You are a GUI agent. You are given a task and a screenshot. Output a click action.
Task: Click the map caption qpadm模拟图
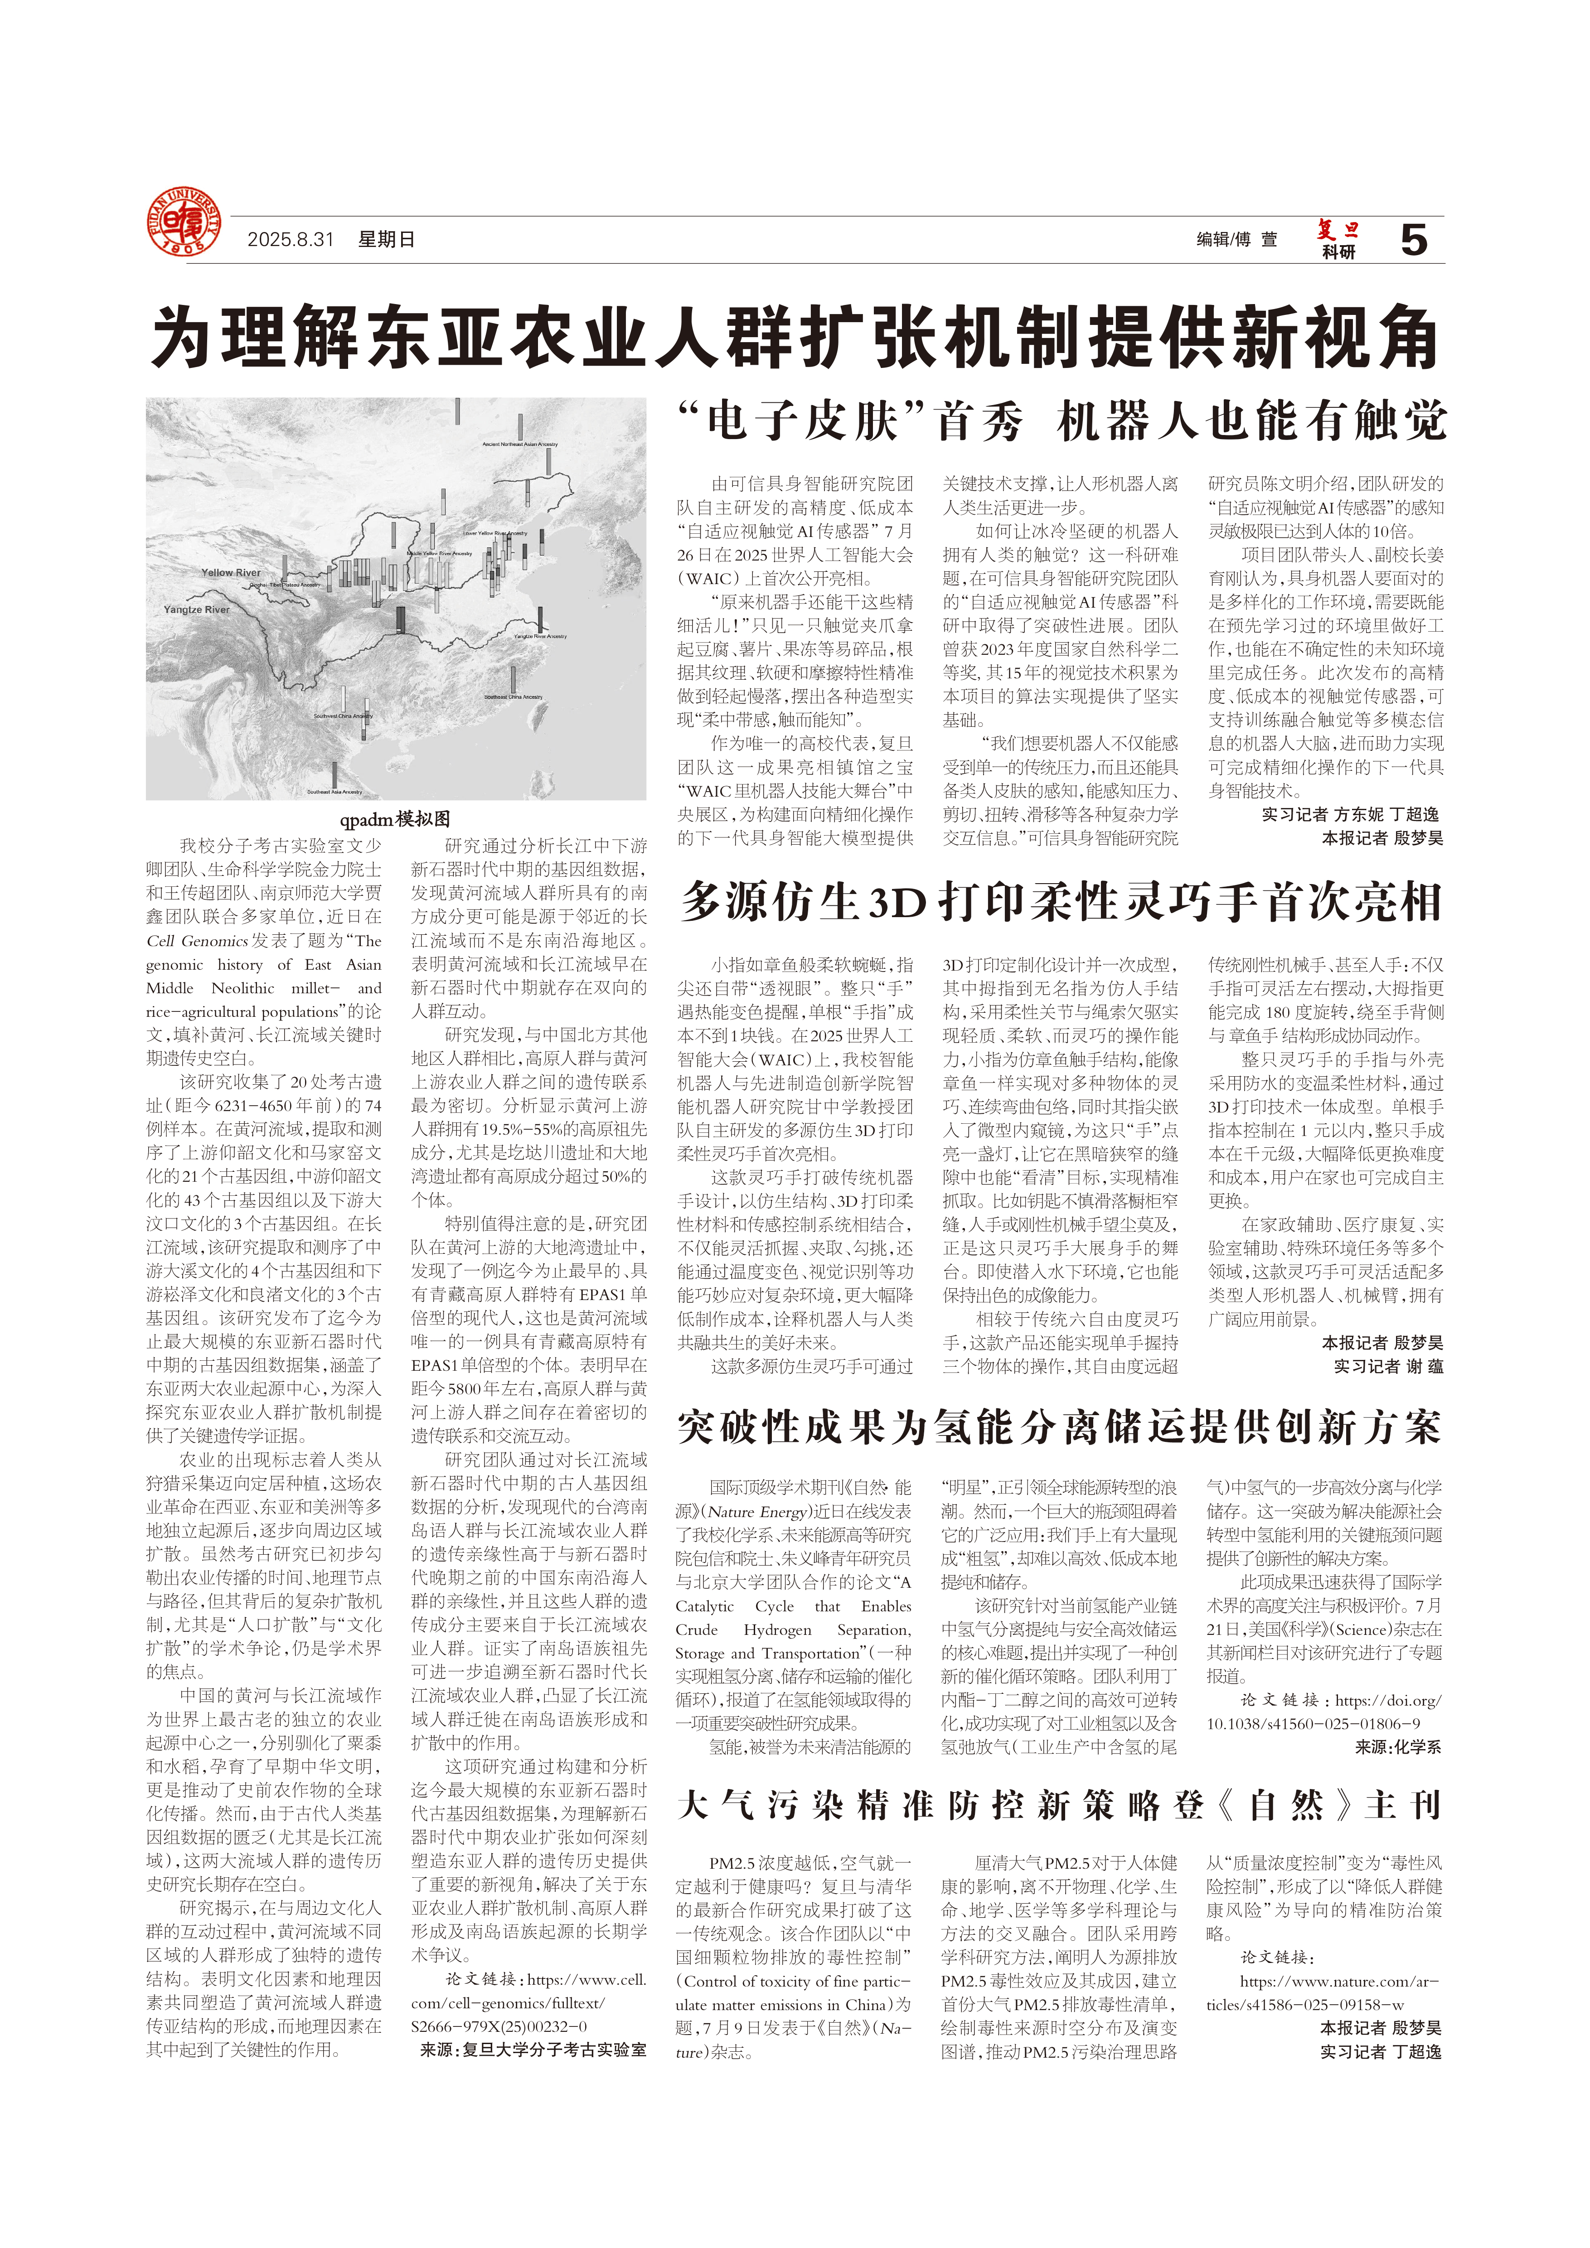(396, 818)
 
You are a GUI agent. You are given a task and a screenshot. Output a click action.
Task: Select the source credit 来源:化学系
(1398, 1747)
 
